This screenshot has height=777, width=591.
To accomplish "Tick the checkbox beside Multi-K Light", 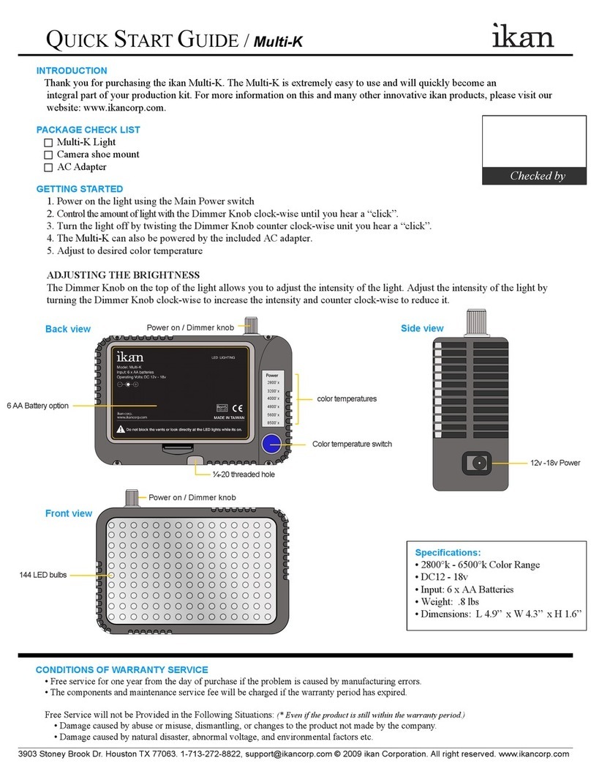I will click(48, 143).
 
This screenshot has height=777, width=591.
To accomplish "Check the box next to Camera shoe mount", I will click(48, 155).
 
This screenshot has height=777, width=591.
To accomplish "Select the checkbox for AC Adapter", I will click(48, 168).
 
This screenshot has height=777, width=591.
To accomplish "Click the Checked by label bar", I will click(536, 176).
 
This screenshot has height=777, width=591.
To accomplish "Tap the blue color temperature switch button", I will click(273, 444).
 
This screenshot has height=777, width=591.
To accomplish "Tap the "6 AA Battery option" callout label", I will click(37, 406).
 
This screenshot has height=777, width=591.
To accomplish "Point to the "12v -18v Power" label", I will click(554, 463).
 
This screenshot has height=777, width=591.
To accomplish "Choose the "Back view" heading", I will click(67, 330).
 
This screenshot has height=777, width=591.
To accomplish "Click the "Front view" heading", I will click(69, 513).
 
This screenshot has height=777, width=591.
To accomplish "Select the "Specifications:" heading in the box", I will click(448, 552).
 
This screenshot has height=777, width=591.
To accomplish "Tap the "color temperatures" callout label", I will click(346, 399).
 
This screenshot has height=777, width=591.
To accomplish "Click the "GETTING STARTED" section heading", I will click(79, 189).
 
